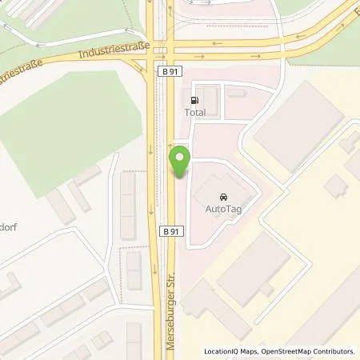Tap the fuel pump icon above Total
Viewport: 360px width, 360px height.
194,100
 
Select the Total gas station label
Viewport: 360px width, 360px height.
194,113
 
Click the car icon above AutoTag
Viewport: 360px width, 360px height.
222,194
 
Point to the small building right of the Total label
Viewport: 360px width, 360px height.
235,92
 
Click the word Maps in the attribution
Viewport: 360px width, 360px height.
251,351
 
